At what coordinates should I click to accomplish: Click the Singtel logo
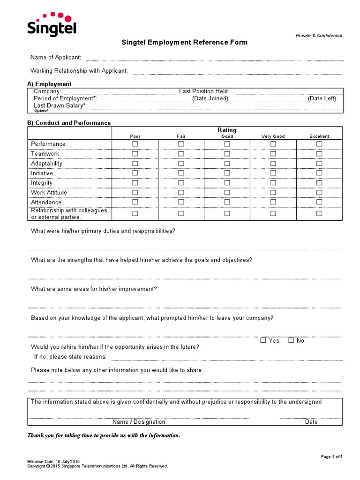52,24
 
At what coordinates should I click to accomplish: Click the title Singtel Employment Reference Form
185,42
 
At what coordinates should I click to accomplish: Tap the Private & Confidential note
319,36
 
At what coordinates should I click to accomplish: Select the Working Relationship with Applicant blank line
238,73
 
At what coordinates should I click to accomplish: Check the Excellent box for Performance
319,144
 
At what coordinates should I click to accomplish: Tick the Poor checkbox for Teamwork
135,154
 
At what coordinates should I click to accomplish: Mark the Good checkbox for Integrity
227,183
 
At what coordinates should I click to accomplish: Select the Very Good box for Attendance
273,202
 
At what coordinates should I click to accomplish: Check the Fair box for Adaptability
181,164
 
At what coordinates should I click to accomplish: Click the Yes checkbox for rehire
263,340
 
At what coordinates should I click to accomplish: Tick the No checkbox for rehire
291,340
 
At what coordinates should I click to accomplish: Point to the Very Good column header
273,136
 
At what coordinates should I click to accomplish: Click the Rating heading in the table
227,130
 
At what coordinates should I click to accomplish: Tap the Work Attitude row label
49,193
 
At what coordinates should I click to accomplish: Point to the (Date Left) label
322,98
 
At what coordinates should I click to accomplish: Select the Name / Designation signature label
138,422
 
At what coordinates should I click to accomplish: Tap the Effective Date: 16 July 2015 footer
48,462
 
